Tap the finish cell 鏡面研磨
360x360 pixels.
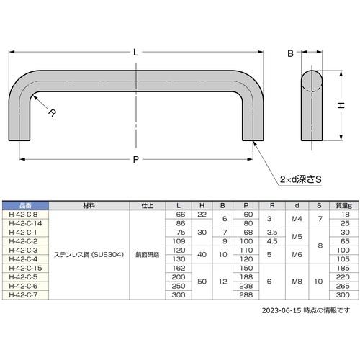click(x=147, y=253)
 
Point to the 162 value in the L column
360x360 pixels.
click(x=179, y=267)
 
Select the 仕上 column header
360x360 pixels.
click(x=147, y=205)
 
